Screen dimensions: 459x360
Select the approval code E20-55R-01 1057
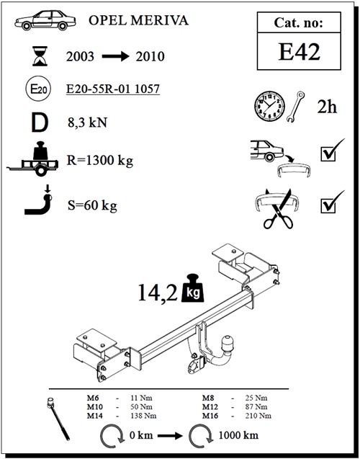click(x=112, y=89)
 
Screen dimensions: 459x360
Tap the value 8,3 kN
click(x=86, y=122)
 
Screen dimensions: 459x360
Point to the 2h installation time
click(x=327, y=107)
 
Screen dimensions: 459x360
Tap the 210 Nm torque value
click(x=256, y=416)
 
